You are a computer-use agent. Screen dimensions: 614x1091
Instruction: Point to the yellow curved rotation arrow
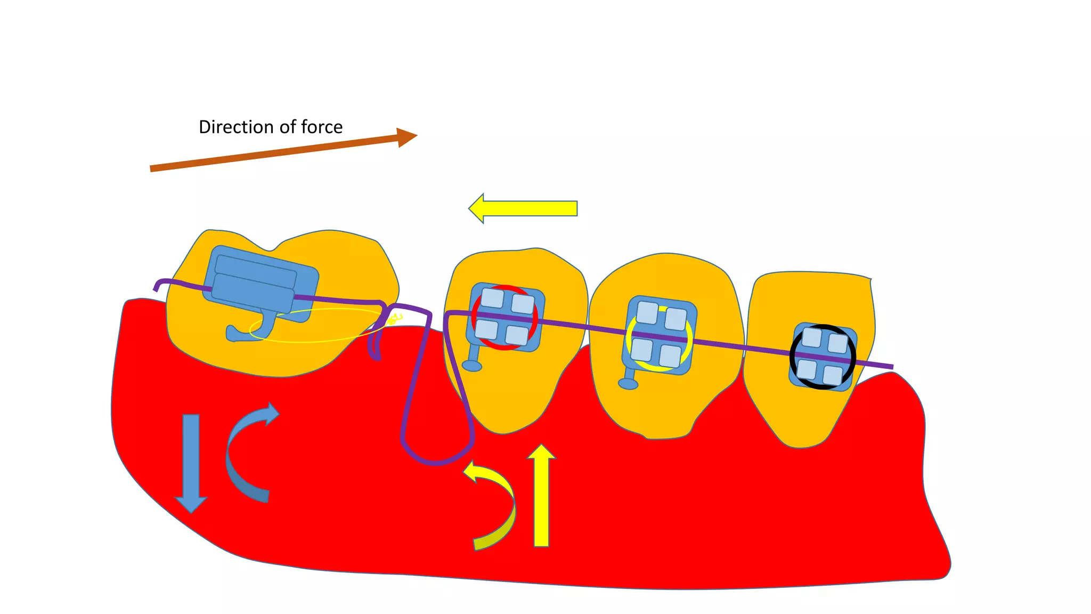click(x=495, y=506)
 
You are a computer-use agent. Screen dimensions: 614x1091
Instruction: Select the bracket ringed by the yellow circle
click(x=659, y=335)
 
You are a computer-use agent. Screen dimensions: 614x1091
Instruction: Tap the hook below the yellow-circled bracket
click(x=628, y=382)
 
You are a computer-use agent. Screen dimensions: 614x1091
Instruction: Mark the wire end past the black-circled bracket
click(x=891, y=366)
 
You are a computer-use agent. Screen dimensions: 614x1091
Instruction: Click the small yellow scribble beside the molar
click(x=394, y=319)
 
